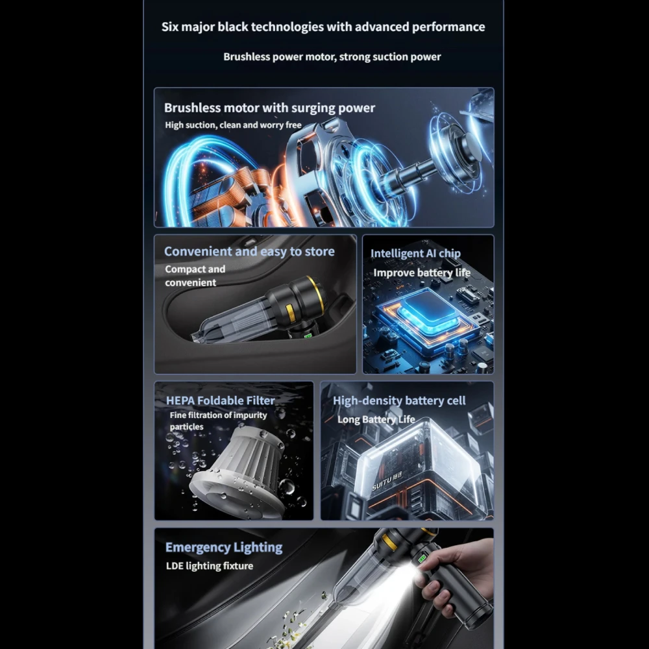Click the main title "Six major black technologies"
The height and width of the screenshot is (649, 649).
[x=323, y=27]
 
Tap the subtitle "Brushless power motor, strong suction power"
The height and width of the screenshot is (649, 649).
[x=332, y=57]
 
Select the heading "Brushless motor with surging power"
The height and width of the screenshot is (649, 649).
[x=269, y=108]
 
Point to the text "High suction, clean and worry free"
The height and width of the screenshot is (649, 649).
[x=233, y=125]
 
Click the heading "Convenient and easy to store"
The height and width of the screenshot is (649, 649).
[x=249, y=251]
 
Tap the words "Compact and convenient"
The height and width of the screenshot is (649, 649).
[x=194, y=276]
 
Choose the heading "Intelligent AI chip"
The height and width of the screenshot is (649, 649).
[x=415, y=254]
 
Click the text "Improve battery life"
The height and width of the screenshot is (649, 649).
[x=421, y=273]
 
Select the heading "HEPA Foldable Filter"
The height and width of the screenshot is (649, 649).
[x=220, y=400]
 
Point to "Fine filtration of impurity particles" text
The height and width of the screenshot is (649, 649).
[x=218, y=421]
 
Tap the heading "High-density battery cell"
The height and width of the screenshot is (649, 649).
[x=399, y=400]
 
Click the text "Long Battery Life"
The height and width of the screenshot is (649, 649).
[x=376, y=419]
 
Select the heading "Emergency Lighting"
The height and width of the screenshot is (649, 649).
[x=223, y=547]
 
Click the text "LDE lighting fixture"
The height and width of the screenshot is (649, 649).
[x=209, y=566]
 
